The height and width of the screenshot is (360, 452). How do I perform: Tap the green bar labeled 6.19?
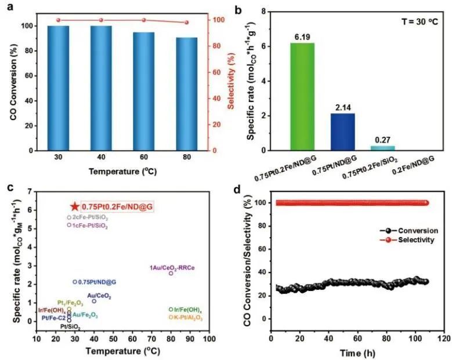tap(302, 97)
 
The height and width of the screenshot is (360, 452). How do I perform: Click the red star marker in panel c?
tap(74, 206)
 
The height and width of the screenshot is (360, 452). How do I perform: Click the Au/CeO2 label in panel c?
tap(99, 296)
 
